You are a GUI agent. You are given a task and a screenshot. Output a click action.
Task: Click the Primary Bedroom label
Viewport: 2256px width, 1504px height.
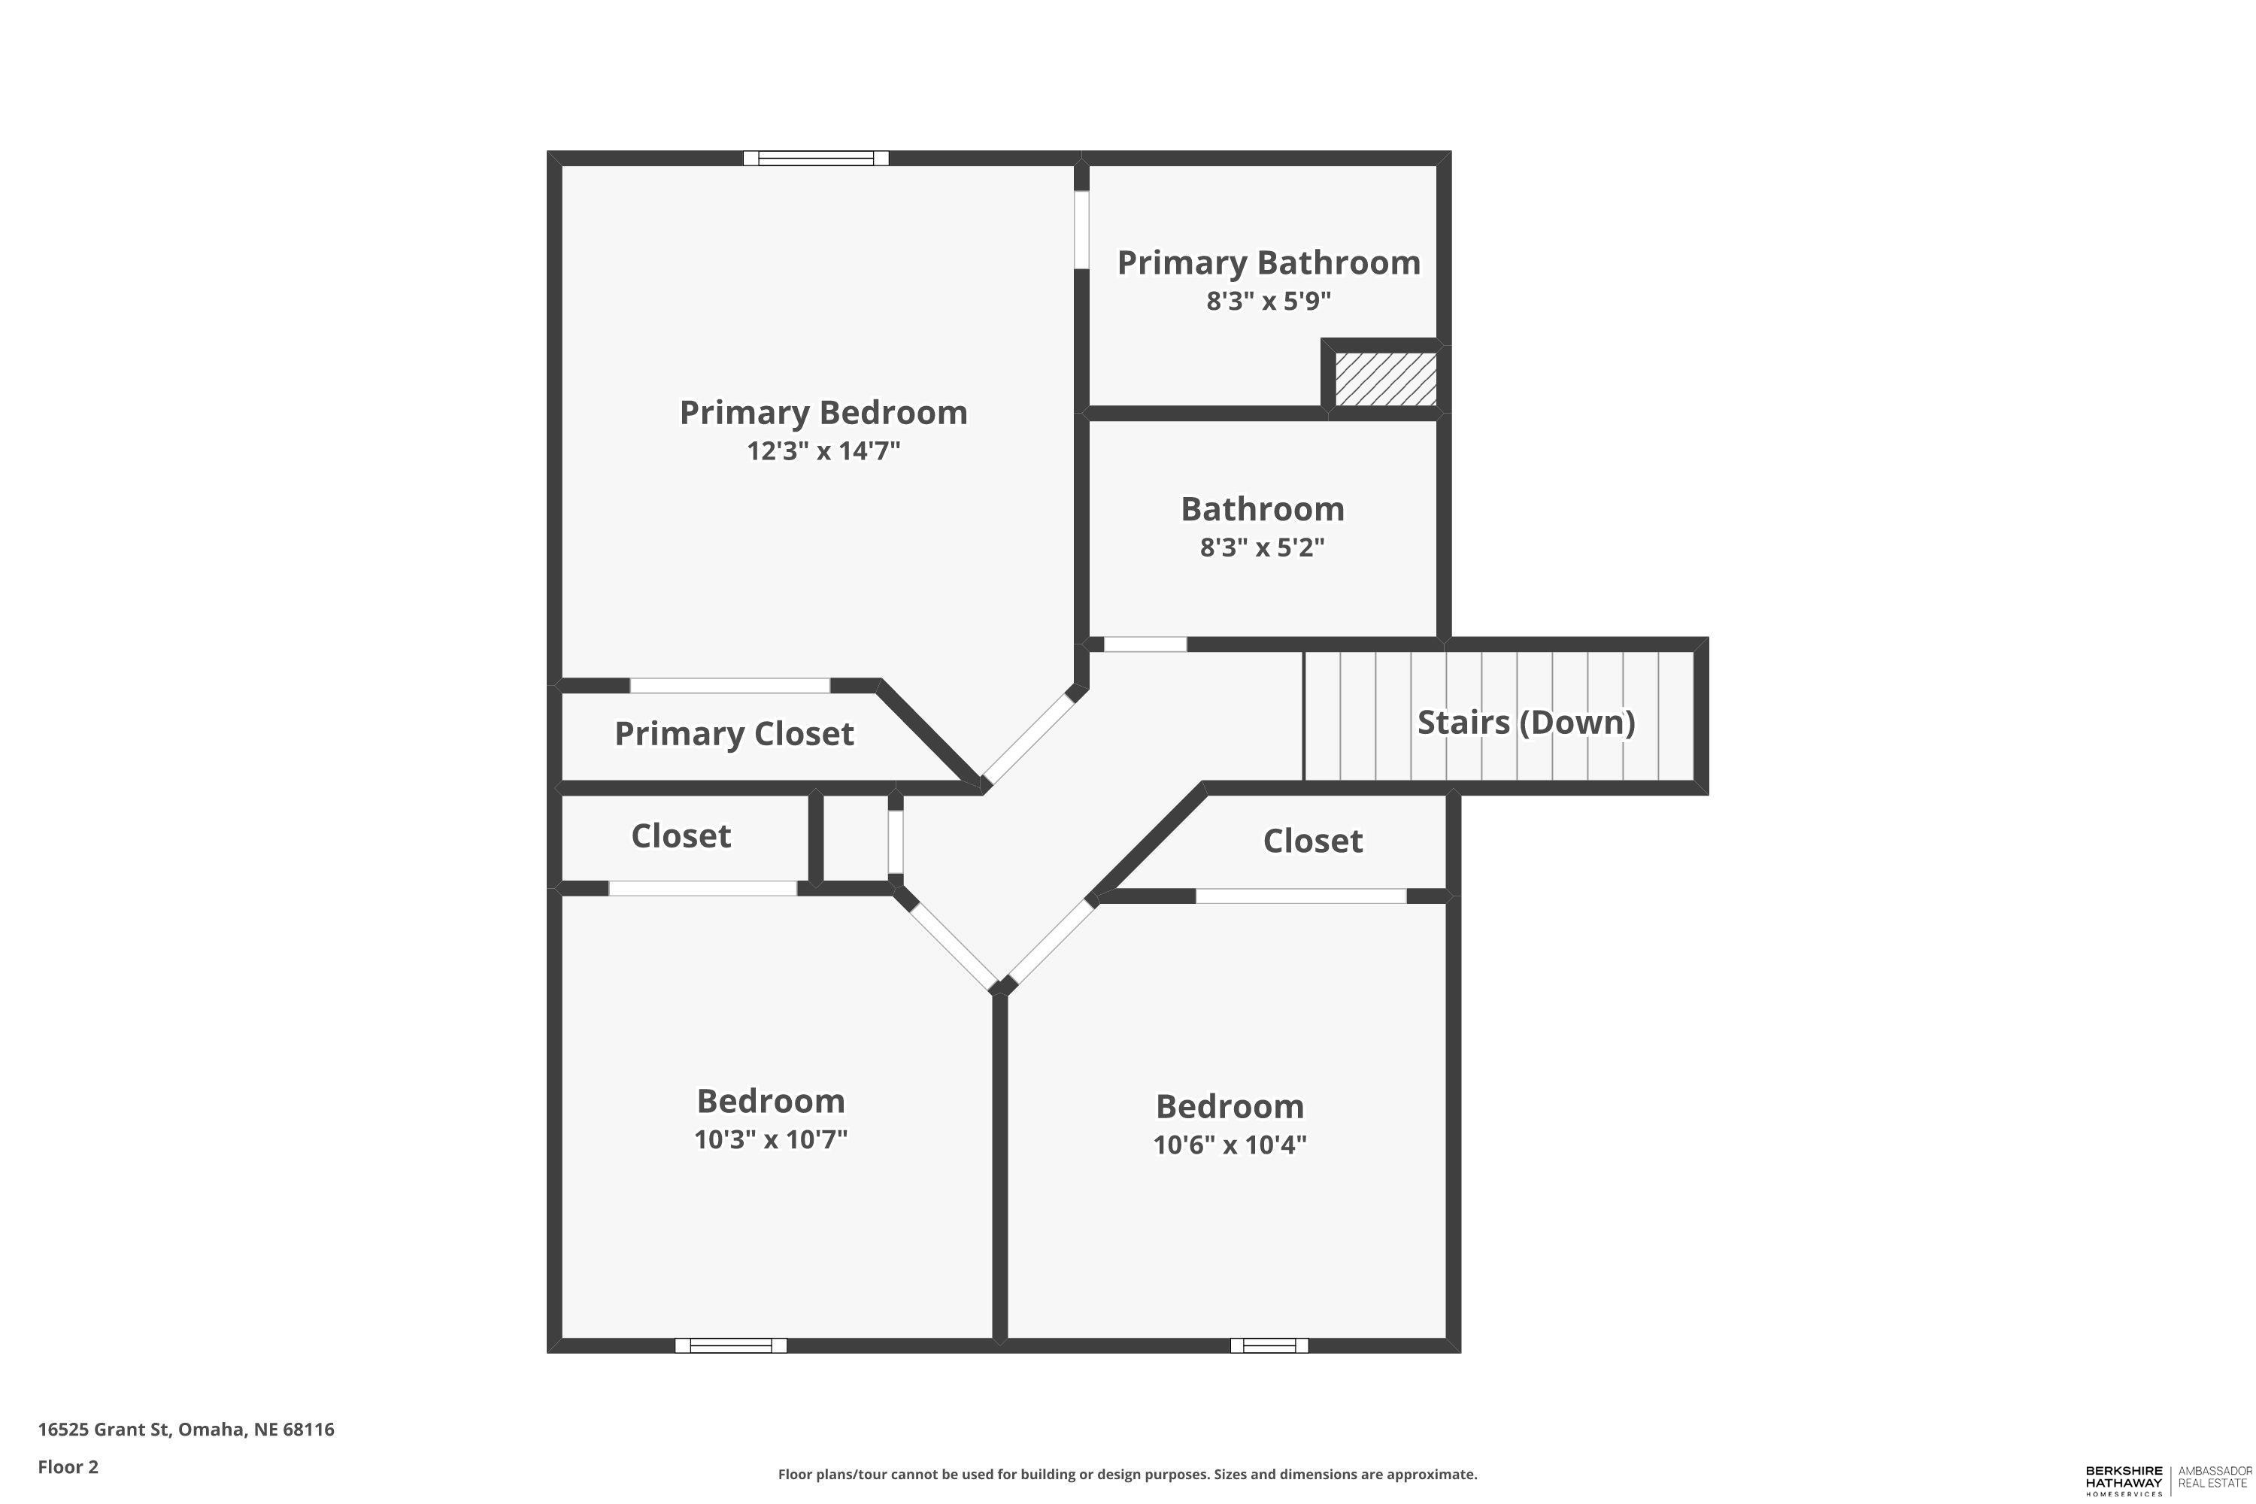point(823,412)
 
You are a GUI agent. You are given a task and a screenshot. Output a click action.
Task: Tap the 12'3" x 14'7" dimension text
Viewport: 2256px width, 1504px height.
point(823,450)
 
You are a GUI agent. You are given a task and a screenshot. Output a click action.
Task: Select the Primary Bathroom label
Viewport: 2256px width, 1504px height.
point(1268,262)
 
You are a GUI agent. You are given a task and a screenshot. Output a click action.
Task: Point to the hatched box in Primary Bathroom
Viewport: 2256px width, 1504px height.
point(1385,379)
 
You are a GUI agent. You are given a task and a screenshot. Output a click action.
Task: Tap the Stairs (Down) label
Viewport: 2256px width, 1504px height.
point(1525,722)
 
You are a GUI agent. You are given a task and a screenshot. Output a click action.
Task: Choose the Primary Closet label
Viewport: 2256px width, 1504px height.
point(734,734)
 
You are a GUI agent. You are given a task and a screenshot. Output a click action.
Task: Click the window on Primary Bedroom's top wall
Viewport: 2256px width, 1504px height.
point(816,158)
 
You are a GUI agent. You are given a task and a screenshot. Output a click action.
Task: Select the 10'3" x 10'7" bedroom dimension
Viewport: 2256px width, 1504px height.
point(770,1139)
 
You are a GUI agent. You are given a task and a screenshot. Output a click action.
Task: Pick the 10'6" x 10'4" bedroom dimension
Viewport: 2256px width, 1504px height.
point(1229,1145)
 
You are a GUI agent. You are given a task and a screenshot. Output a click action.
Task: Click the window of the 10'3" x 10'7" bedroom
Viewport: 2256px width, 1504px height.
point(731,1346)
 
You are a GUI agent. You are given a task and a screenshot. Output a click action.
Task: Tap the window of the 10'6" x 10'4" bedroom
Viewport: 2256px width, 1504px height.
point(1269,1346)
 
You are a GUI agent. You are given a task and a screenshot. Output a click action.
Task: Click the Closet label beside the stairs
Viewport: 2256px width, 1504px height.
point(1312,841)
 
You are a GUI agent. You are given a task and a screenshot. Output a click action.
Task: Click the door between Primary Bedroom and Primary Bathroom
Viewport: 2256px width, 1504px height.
point(1081,230)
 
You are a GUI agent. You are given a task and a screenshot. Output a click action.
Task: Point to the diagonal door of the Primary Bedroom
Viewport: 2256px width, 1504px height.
point(1027,738)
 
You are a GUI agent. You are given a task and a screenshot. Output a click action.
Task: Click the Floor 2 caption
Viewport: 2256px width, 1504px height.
point(68,1466)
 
